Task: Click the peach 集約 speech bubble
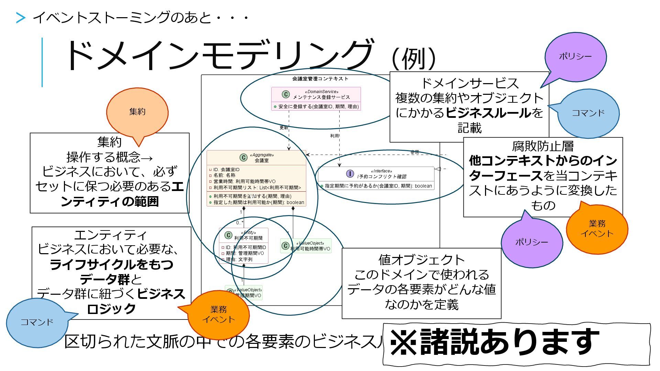[137, 112]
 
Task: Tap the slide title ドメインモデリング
[219, 55]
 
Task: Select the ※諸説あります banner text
[495, 342]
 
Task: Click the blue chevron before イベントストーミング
[21, 18]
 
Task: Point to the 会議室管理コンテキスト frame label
[320, 79]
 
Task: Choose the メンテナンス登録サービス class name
[321, 97]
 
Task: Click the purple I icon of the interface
[350, 174]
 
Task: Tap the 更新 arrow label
[284, 128]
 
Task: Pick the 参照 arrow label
[415, 152]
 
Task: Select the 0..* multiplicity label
[240, 223]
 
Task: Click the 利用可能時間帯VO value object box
[306, 246]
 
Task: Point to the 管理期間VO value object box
[244, 293]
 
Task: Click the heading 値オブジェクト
[421, 260]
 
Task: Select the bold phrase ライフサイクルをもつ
[111, 265]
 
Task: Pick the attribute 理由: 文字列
[239, 259]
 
